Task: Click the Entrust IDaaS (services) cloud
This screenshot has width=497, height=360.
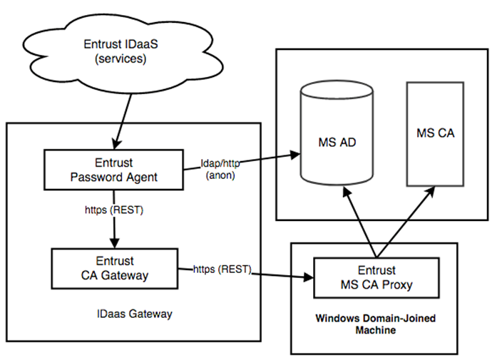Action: coord(121,50)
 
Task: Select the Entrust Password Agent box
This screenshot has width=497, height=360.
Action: coord(114,170)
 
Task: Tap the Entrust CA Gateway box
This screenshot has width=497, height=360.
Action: coord(114,269)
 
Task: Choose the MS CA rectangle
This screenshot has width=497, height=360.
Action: coord(434,133)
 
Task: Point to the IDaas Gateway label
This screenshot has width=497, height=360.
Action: coord(135,313)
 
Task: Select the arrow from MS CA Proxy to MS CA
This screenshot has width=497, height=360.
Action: coord(406,221)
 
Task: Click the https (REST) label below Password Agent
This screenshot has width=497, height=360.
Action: coord(114,211)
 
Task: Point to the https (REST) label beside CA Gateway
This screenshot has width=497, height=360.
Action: coord(222,269)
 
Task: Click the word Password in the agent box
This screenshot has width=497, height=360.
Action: coord(95,177)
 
